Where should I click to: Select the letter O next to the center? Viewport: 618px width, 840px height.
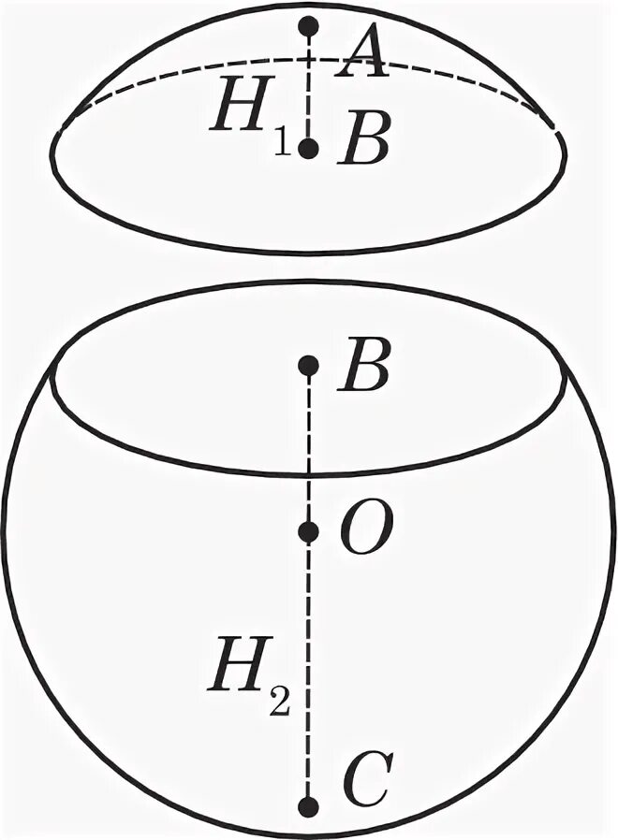(x=360, y=532)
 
